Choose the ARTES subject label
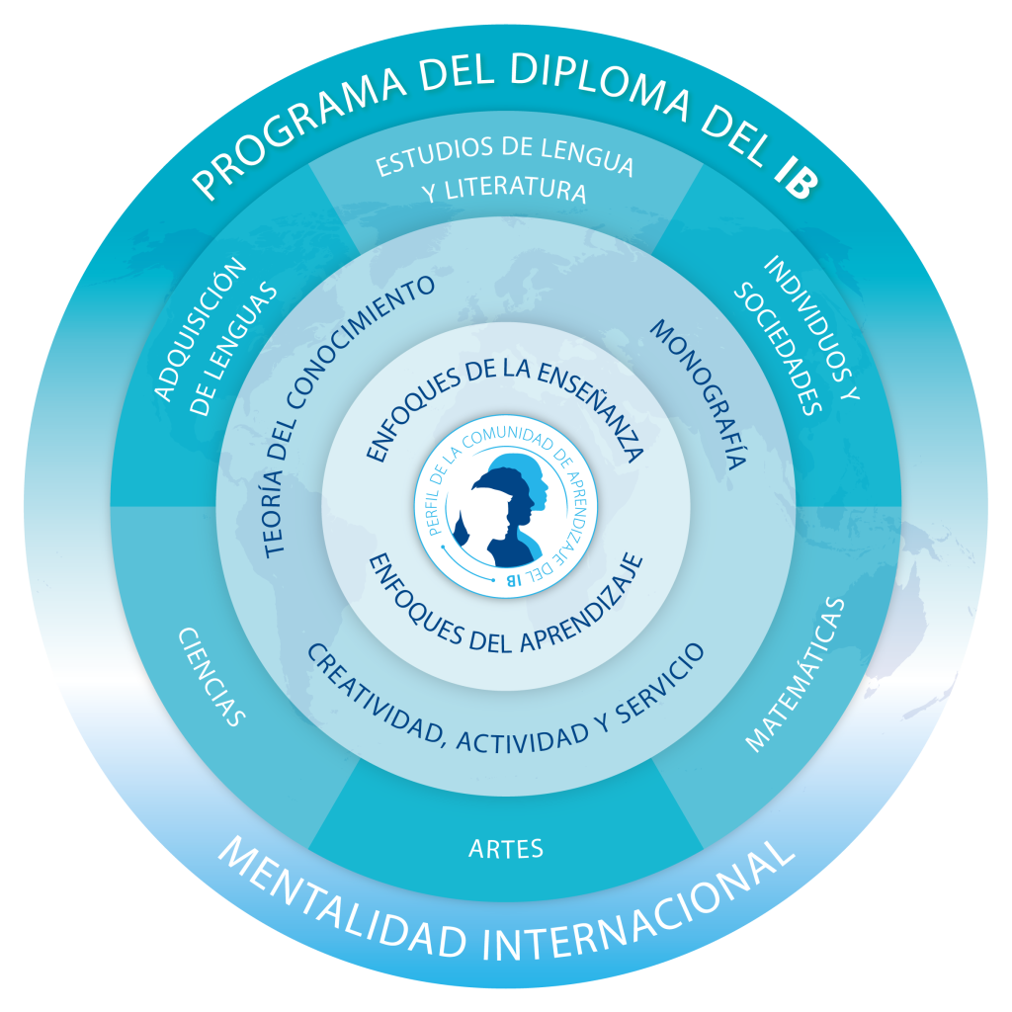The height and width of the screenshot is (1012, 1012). pyautogui.click(x=506, y=847)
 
